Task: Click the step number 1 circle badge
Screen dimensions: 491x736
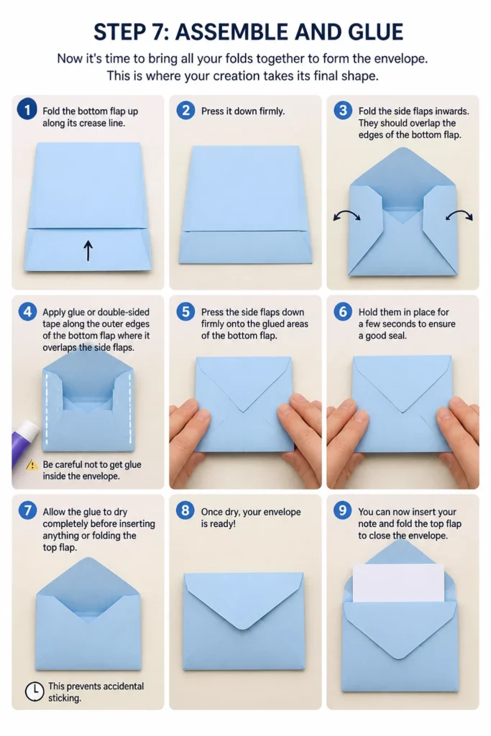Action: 27,109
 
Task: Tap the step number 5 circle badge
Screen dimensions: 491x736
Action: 185,311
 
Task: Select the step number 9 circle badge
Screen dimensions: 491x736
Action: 343,510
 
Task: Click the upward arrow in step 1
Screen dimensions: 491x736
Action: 88,251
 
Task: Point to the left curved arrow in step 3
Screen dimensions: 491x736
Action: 347,215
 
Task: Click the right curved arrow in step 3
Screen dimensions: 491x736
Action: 459,215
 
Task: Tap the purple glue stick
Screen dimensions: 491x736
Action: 24,443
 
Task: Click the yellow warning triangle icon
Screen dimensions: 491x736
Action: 32,465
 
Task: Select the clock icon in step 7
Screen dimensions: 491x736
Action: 35,691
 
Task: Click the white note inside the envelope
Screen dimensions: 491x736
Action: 398,583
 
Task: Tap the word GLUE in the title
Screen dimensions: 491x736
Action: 375,32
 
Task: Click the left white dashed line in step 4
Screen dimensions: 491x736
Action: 47,408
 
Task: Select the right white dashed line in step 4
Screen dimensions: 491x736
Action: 129,408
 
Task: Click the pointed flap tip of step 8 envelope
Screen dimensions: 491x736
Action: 244,627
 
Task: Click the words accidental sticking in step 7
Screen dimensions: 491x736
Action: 96,692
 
